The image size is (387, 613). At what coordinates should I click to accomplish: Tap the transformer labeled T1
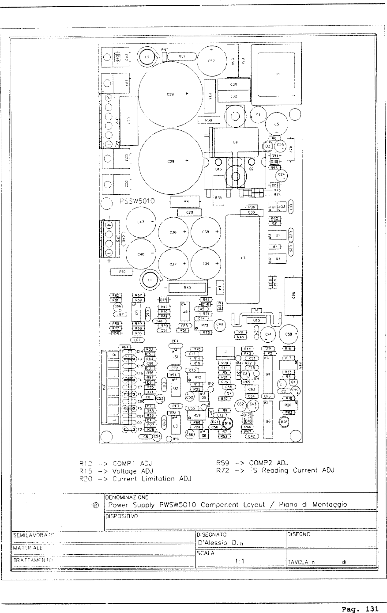pyautogui.click(x=276, y=74)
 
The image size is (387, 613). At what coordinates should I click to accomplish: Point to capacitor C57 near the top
pyautogui.click(x=211, y=61)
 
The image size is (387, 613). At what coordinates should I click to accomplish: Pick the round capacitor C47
pyautogui.click(x=141, y=222)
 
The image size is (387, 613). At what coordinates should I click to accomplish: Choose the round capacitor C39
pyautogui.click(x=206, y=264)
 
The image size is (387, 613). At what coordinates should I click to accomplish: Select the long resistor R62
pyautogui.click(x=293, y=295)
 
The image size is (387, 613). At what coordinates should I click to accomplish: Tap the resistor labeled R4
pyautogui.click(x=186, y=202)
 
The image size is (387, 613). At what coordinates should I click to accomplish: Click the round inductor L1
pyautogui.click(x=150, y=280)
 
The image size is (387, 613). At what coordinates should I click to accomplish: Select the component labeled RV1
pyautogui.click(x=181, y=57)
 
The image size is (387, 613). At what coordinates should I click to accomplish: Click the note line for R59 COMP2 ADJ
pyautogui.click(x=252, y=463)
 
